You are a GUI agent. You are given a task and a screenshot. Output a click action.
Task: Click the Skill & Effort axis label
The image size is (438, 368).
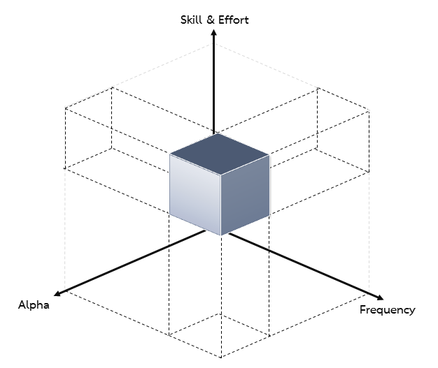[214, 20]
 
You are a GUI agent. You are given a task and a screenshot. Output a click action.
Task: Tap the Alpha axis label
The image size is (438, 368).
[34, 304]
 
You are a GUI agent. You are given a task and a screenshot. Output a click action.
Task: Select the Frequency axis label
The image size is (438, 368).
[387, 310]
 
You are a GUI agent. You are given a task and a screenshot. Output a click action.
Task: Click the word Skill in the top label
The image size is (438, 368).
[191, 20]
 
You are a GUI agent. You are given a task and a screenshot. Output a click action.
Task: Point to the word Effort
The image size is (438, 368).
[234, 20]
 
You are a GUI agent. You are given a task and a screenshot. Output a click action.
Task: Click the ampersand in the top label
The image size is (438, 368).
[211, 20]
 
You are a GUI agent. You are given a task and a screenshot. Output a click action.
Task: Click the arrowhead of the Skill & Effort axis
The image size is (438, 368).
[213, 33]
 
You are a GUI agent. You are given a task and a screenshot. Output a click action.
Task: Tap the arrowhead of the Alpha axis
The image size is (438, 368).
[57, 293]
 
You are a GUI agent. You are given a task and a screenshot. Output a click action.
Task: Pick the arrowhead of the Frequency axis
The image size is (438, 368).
[380, 297]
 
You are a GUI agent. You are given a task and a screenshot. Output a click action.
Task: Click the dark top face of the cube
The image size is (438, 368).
[220, 154]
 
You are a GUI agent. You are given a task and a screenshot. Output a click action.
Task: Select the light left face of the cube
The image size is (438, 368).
[195, 194]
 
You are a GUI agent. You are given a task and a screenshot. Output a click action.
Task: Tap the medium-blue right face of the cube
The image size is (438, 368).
[245, 195]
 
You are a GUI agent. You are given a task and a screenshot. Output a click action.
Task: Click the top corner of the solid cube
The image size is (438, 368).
[218, 133]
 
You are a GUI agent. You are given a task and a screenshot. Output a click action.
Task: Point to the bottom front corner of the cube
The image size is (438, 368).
[220, 235]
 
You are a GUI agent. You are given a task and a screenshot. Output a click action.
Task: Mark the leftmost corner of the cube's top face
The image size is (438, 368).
[170, 154]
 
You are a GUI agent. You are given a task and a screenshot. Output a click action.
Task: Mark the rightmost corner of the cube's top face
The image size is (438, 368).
[269, 155]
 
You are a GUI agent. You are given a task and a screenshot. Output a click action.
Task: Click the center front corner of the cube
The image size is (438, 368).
[220, 175]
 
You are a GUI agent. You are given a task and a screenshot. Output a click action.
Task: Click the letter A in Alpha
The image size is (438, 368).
[22, 304]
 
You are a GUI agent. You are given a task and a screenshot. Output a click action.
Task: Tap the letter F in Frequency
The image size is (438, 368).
[362, 309]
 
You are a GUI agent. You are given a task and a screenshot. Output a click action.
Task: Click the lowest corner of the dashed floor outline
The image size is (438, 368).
[221, 358]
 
